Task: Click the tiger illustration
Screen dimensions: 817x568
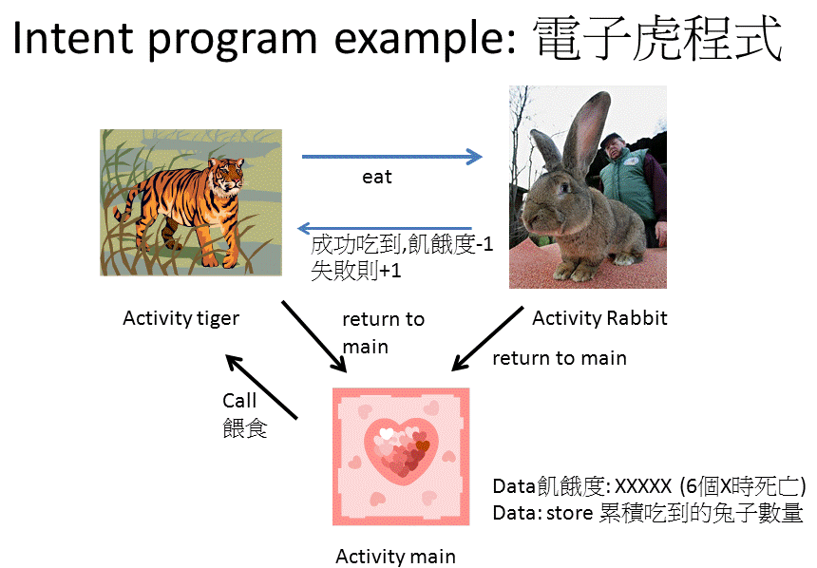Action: click(x=191, y=202)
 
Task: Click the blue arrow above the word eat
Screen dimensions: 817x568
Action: click(x=391, y=157)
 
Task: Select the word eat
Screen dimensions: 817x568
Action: click(x=377, y=178)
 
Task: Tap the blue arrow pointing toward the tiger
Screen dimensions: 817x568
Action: click(x=385, y=228)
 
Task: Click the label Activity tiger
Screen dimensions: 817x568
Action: click(x=180, y=318)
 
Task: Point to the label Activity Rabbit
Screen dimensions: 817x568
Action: click(x=599, y=318)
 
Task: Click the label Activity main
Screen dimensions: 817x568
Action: click(x=395, y=557)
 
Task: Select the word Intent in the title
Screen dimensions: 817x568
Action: click(x=73, y=38)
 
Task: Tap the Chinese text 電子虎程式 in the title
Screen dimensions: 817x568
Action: click(x=658, y=38)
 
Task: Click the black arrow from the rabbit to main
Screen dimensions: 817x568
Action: click(x=487, y=339)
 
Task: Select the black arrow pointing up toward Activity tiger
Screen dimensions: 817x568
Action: click(x=261, y=387)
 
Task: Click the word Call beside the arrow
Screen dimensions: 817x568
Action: click(x=239, y=401)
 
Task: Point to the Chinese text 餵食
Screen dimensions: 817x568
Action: click(x=245, y=428)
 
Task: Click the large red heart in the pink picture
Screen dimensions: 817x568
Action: click(x=401, y=447)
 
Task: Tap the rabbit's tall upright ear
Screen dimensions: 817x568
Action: click(x=587, y=129)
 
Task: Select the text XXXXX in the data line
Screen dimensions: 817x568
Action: click(x=643, y=486)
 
